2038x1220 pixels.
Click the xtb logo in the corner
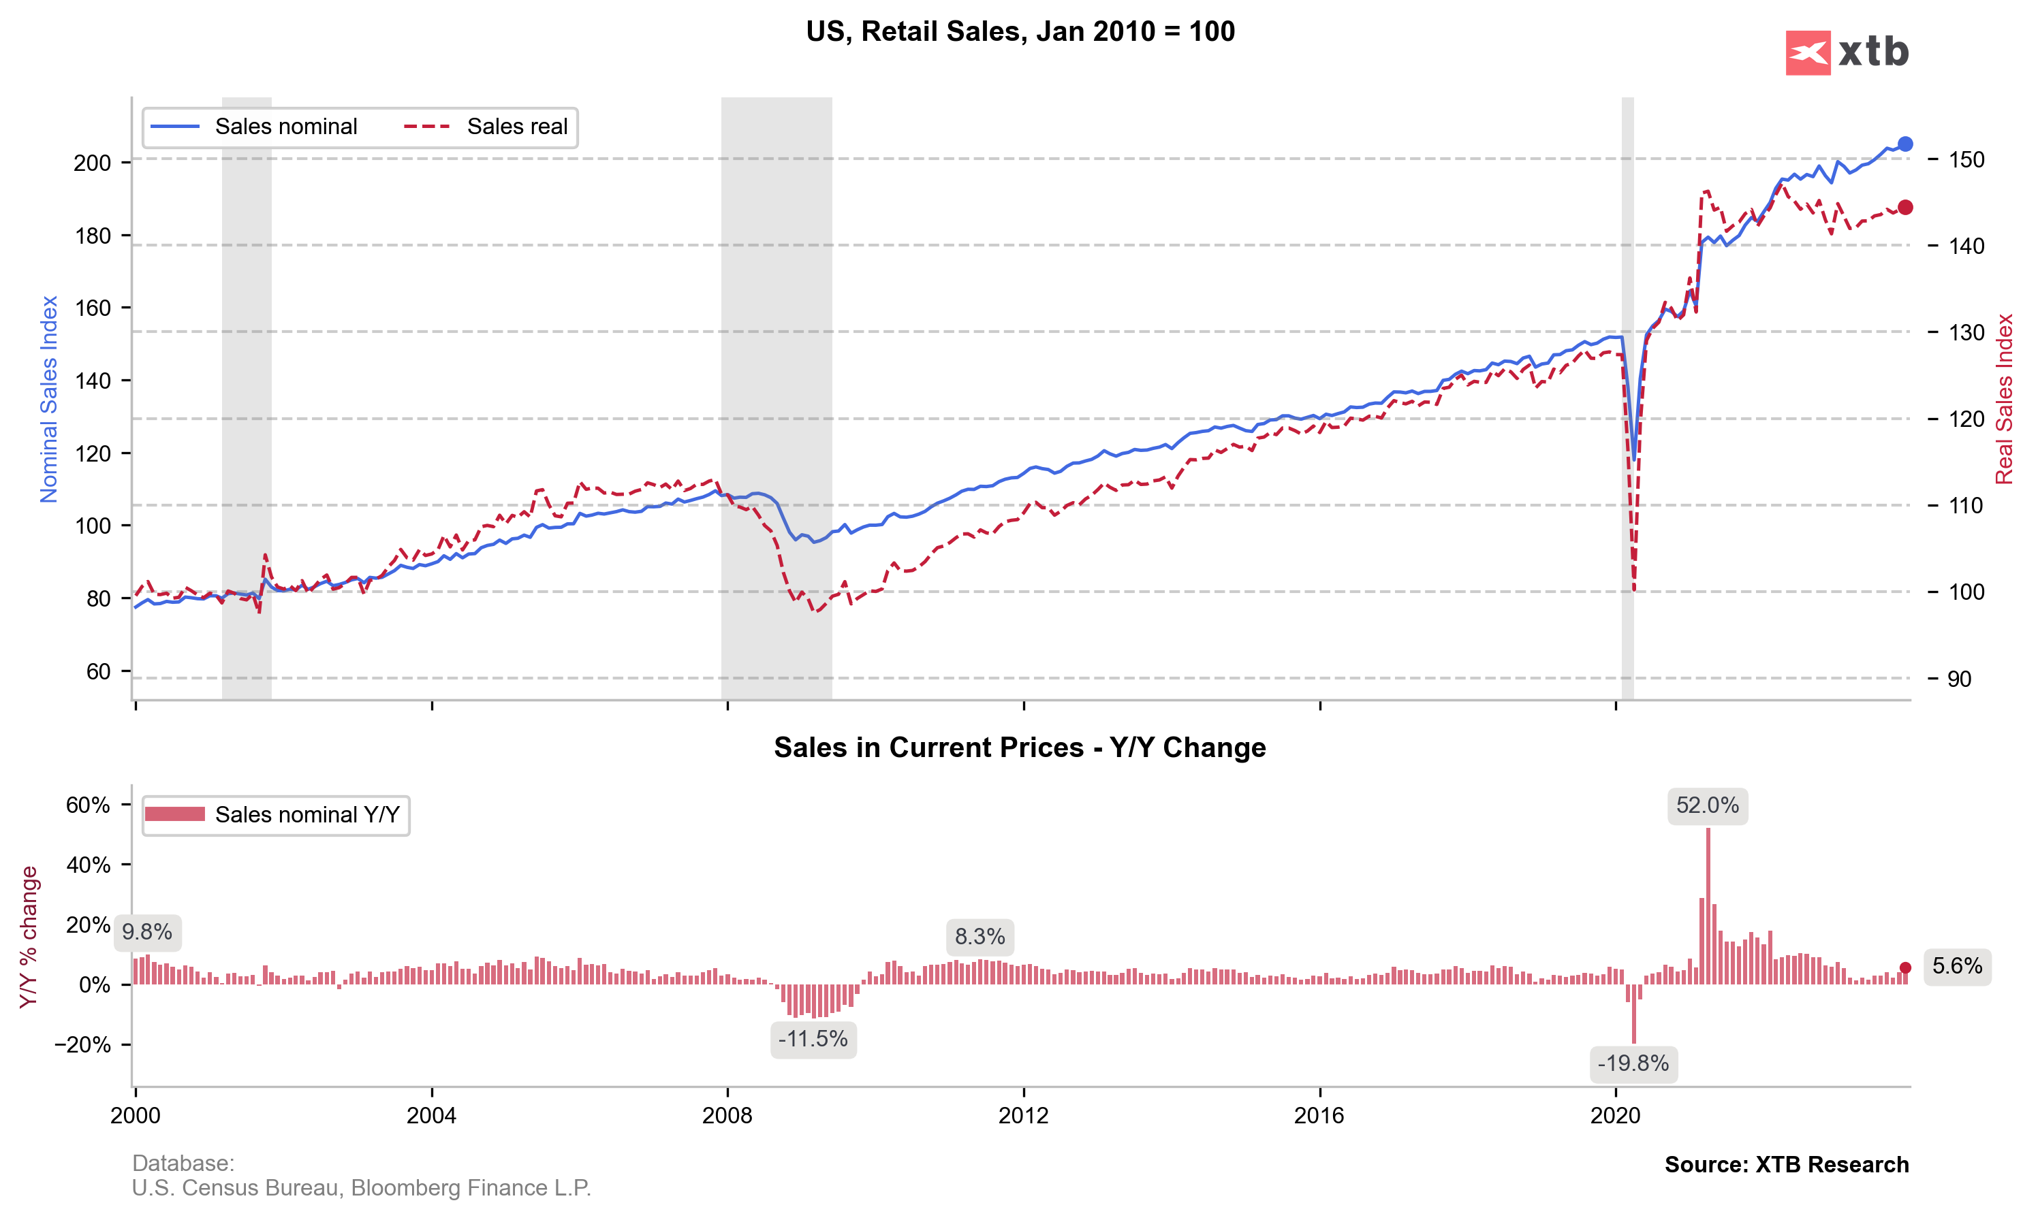(1847, 52)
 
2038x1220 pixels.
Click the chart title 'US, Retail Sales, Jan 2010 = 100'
(1020, 31)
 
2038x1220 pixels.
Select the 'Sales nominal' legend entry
(285, 127)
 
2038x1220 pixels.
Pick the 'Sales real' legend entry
(516, 127)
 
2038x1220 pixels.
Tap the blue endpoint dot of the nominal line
(1904, 144)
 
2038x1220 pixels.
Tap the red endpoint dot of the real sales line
(1904, 207)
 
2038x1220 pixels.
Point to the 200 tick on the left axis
(92, 163)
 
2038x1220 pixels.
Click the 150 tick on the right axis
(1966, 159)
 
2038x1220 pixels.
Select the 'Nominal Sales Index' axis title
(48, 399)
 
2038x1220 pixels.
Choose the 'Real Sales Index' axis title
(2004, 399)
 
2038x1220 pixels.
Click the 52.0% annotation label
(1708, 805)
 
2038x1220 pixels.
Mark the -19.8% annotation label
(1633, 1064)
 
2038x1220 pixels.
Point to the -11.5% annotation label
(813, 1039)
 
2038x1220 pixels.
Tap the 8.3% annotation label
(979, 936)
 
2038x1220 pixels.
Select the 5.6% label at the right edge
(1958, 966)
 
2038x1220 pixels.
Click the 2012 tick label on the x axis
(1023, 1116)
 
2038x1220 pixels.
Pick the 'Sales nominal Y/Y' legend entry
(307, 815)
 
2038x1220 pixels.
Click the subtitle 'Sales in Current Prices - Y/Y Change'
(1020, 748)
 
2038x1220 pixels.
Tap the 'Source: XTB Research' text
(1787, 1165)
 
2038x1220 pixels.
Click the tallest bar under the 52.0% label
(1708, 904)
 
